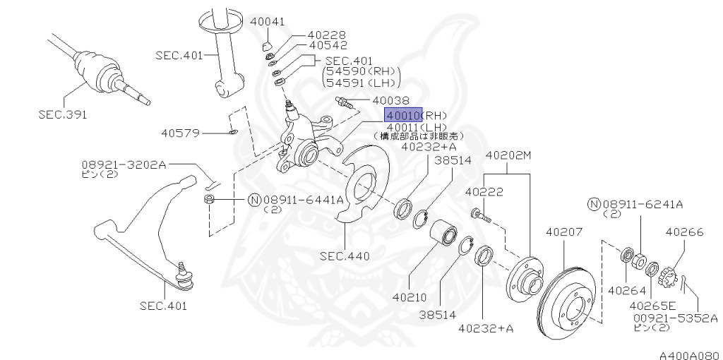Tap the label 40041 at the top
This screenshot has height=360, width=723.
267,22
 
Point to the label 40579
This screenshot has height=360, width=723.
180,133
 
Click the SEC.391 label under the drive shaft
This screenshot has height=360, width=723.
64,114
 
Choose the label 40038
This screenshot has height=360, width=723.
390,101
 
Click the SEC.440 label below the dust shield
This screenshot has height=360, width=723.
344,256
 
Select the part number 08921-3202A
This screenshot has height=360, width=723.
123,164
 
